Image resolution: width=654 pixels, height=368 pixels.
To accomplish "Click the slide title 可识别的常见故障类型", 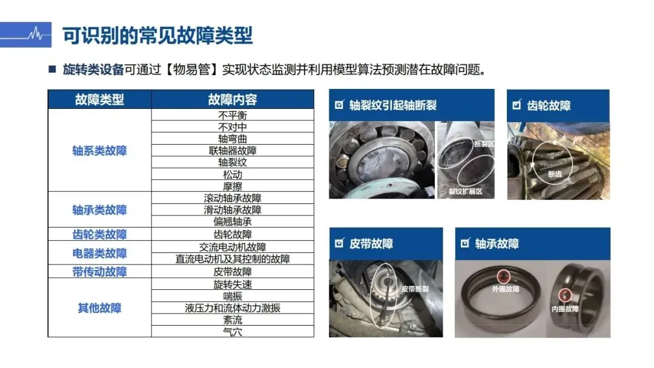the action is pos(157,36).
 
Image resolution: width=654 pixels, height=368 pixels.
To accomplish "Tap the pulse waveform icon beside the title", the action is pos(36,34).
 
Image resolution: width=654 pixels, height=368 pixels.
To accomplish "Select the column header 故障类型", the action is pos(99,100).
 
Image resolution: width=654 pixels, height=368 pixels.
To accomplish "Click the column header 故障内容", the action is pos(233,100).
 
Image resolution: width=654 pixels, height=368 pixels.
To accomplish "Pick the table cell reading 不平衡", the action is pos(233,115).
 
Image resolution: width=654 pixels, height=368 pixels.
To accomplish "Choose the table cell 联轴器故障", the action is pos(233,151).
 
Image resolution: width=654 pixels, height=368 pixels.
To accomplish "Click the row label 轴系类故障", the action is pos(99,151).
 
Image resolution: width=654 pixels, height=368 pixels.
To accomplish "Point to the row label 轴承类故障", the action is pos(99,209).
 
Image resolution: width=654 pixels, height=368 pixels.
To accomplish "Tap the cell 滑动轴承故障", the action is pos(233,209).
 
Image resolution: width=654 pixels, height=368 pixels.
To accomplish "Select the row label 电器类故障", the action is pos(99,253).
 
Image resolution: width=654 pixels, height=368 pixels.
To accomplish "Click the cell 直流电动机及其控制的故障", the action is pos(233,259).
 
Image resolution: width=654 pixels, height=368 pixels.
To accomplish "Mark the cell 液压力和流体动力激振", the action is pos(233,308).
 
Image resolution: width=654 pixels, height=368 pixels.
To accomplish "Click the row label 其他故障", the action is pos(99,308).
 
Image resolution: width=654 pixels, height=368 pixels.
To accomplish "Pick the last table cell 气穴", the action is pos(233,332).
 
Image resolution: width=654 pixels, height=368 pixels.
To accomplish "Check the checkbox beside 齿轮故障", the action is pos(517,104).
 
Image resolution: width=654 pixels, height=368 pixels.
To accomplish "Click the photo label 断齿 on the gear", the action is pos(555,174).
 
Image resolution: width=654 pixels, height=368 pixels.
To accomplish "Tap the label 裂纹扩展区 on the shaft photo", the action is pos(466,191).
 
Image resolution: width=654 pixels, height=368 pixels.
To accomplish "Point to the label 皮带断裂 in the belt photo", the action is pos(415,289).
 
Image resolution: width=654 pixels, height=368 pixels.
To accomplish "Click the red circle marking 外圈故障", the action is pos(503,277).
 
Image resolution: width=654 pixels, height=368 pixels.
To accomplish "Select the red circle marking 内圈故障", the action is pos(565,295).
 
